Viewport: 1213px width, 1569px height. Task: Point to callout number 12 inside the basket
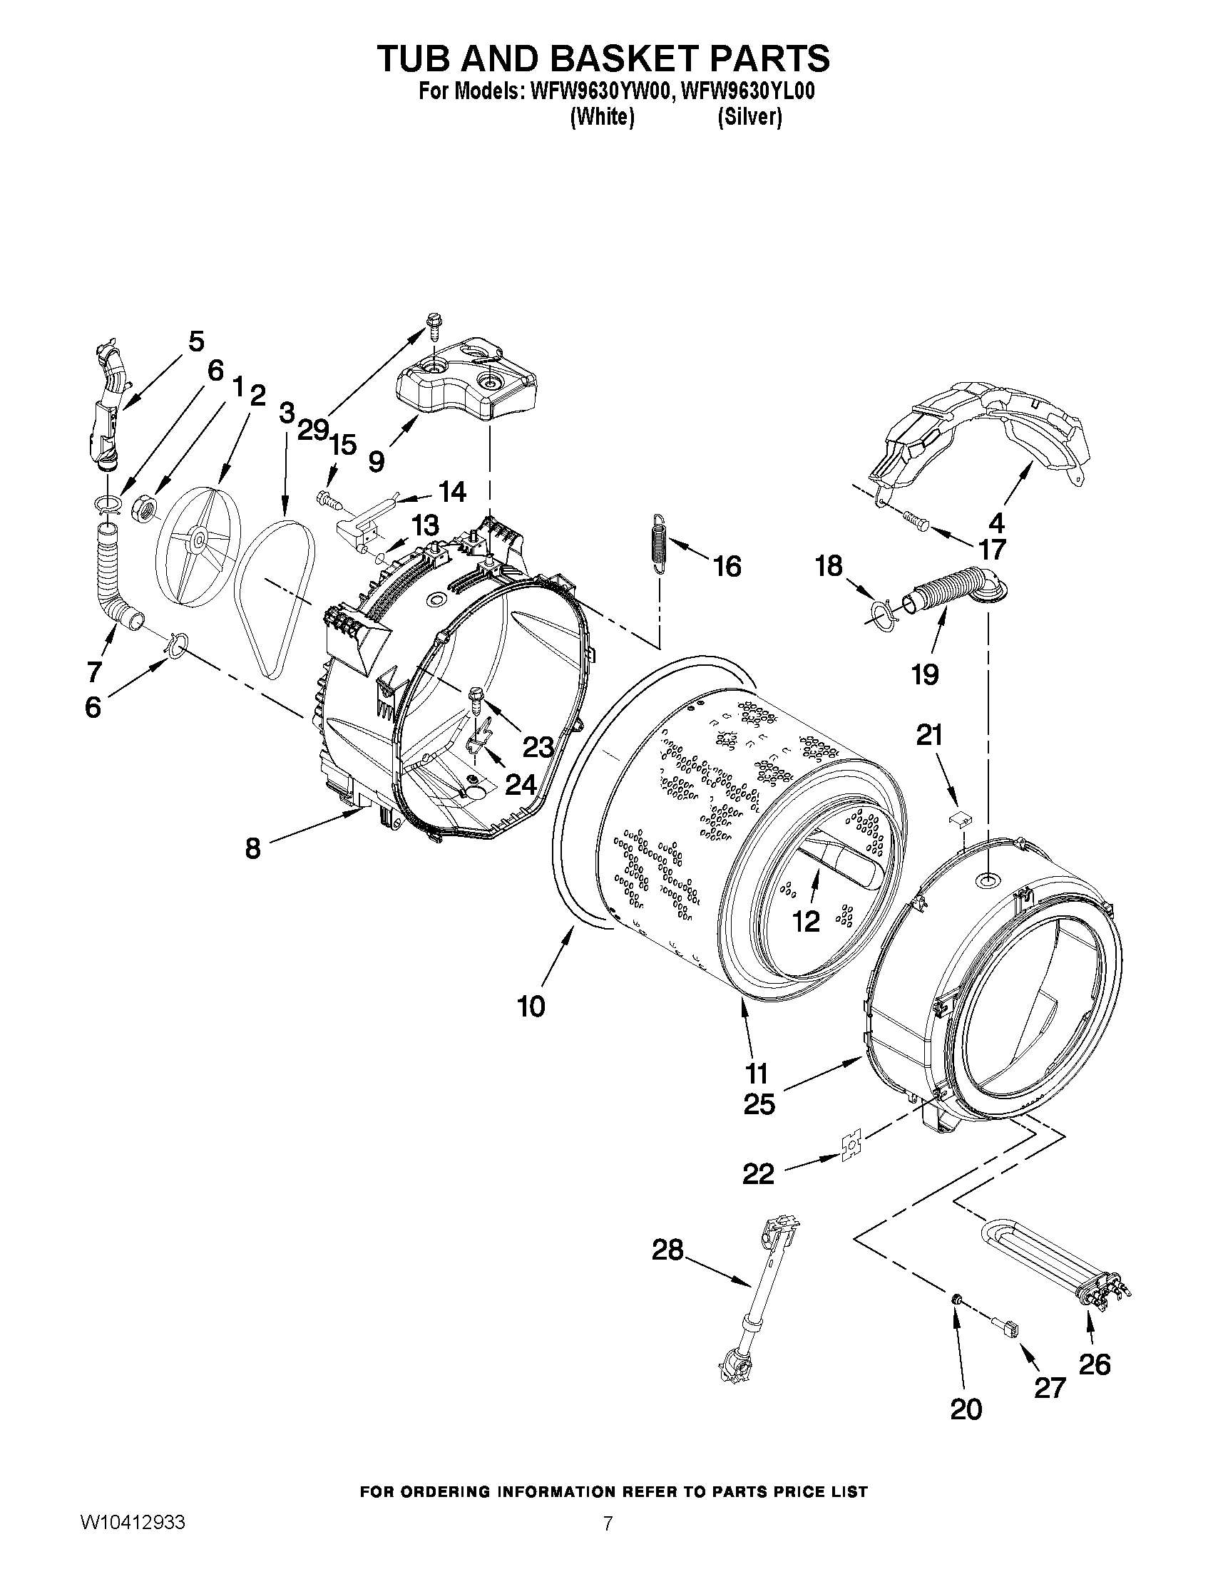coord(806,922)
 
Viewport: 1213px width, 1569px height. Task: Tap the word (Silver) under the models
coord(749,117)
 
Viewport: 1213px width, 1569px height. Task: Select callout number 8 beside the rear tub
coord(252,848)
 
